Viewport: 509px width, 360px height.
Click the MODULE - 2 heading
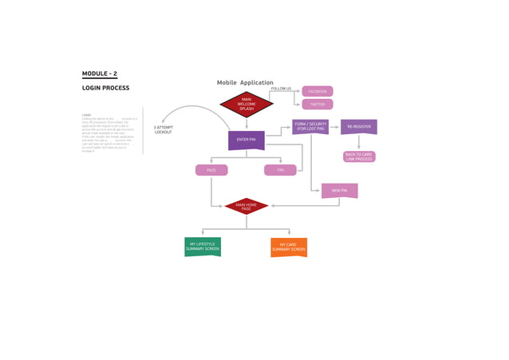click(100, 73)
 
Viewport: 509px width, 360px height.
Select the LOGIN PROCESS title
click(105, 88)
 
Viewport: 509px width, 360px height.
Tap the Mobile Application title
click(245, 83)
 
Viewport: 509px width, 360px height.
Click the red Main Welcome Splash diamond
click(247, 104)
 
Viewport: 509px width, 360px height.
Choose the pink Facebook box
click(318, 92)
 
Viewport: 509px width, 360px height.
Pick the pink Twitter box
click(318, 105)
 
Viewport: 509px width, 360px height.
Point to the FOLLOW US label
click(281, 89)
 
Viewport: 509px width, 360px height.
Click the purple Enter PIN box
click(247, 140)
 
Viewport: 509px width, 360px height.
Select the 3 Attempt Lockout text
click(164, 129)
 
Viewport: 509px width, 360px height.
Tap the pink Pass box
click(211, 170)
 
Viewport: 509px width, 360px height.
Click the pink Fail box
click(281, 170)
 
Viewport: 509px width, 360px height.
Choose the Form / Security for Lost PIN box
click(311, 126)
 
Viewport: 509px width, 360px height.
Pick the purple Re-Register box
click(359, 126)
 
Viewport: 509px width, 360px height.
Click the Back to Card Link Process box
click(359, 156)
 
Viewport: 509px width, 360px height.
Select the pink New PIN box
click(339, 191)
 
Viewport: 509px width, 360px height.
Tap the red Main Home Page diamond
click(247, 206)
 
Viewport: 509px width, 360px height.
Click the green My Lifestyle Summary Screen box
click(203, 247)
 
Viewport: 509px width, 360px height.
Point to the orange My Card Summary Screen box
click(289, 247)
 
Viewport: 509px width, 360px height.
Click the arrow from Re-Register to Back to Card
click(359, 142)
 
